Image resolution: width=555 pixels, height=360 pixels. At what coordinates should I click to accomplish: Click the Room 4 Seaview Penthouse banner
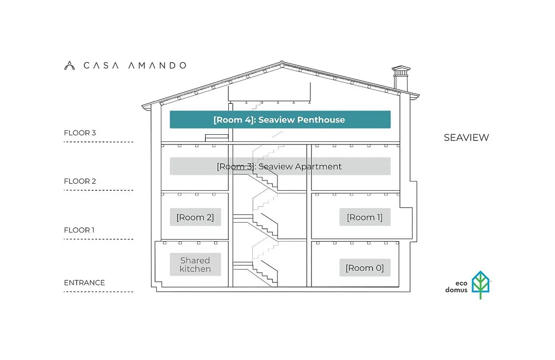(x=280, y=119)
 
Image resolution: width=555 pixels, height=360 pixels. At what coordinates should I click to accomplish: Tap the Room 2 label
(x=195, y=217)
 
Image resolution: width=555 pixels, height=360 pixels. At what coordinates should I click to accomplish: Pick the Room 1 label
(x=365, y=217)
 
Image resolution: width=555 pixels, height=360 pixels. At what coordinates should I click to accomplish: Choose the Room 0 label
(x=365, y=268)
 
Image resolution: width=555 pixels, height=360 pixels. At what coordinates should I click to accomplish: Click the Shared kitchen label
(x=195, y=264)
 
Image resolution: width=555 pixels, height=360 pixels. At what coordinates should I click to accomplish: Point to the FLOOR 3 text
(x=80, y=133)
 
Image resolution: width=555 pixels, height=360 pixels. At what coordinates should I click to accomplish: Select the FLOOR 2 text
(x=80, y=181)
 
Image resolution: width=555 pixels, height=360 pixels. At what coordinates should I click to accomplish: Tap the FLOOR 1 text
(x=79, y=230)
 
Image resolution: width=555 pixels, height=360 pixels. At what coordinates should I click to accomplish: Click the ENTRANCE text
(x=85, y=283)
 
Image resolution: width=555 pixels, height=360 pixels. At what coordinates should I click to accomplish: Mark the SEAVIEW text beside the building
(x=467, y=137)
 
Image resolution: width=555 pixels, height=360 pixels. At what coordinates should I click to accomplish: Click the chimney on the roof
(x=401, y=79)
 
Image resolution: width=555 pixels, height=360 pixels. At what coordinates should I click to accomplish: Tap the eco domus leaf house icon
(x=480, y=285)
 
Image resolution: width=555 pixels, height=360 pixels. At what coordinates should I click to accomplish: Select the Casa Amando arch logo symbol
(x=69, y=65)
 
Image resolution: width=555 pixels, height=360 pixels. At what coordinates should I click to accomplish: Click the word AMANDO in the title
(x=157, y=65)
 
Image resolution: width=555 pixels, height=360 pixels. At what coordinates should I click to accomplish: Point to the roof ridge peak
(x=282, y=62)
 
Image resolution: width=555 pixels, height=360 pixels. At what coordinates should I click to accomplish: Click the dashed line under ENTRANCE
(x=99, y=292)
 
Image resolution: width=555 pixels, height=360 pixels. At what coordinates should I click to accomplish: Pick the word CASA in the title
(x=101, y=65)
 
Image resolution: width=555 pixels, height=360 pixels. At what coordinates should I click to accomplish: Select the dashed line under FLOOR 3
(x=99, y=142)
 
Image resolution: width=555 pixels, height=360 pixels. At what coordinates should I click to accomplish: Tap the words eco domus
(x=457, y=286)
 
